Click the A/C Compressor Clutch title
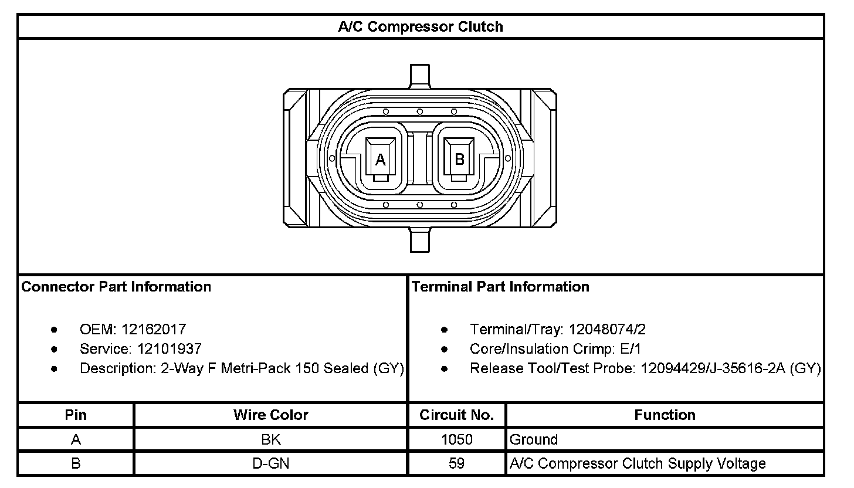click(421, 27)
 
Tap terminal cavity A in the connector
click(381, 159)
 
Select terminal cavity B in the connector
click(459, 159)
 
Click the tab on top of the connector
click(420, 76)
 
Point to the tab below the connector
click(420, 240)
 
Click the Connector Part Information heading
click(116, 287)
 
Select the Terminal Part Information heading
click(500, 287)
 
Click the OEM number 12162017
click(154, 329)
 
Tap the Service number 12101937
click(170, 348)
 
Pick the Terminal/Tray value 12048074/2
click(607, 329)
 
